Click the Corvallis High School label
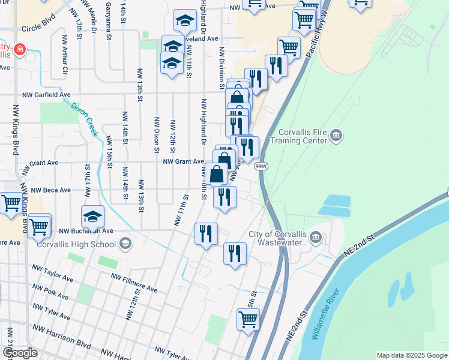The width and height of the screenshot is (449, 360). pos(76,244)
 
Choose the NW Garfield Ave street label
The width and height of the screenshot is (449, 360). pos(47,95)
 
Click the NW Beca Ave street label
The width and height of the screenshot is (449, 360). pos(51,190)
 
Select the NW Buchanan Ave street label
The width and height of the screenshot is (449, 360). pos(86,230)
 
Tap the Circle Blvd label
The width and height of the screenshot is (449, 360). pos(38,28)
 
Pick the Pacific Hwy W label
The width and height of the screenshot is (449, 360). pos(318,34)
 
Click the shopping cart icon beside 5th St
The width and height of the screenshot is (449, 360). pos(248,320)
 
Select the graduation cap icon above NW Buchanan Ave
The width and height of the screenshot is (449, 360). pos(93,216)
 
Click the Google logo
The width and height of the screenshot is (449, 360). pos(20,353)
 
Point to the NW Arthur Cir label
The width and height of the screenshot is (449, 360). pos(65,56)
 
